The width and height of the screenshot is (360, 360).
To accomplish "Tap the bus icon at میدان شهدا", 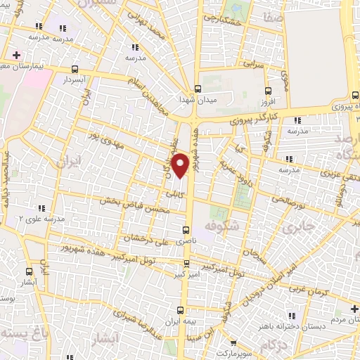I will tap(198, 89).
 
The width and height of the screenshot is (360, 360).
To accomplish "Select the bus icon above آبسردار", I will tap(75, 69).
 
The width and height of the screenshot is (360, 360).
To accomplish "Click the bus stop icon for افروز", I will tap(267, 90).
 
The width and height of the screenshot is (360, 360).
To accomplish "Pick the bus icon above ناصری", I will tap(186, 229).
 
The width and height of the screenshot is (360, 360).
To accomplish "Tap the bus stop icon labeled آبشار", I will tap(29, 271).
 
